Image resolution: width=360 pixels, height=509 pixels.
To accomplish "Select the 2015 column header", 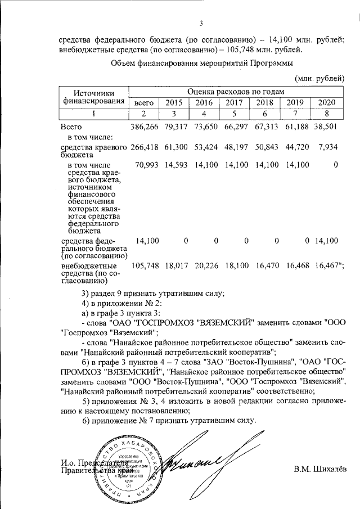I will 174,102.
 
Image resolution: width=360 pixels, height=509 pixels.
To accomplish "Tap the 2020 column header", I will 326,102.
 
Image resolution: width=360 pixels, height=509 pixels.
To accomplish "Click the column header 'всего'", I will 143,102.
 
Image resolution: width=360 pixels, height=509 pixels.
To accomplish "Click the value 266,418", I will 144,147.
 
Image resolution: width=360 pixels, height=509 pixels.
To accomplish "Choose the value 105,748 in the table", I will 144,265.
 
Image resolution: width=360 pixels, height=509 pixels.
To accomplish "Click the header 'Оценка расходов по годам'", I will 236,91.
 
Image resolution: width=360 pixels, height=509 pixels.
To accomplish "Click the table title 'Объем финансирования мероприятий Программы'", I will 203,63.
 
